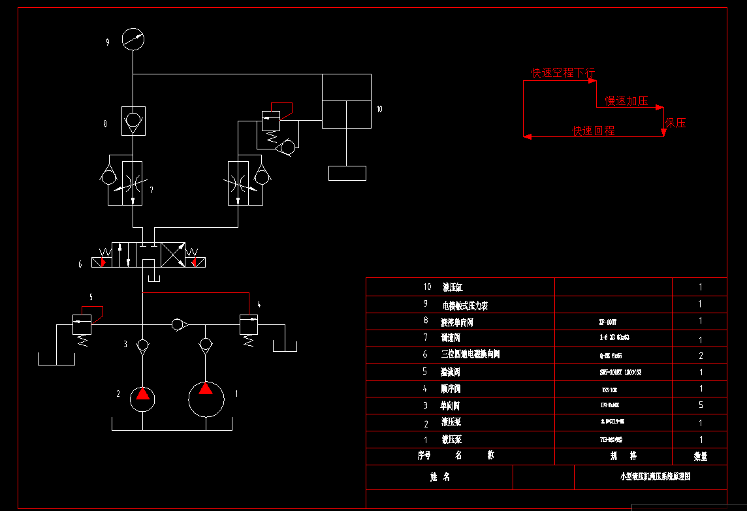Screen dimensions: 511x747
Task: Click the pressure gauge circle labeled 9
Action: pyautogui.click(x=133, y=39)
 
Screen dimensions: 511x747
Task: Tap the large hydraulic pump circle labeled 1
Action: pyautogui.click(x=206, y=397)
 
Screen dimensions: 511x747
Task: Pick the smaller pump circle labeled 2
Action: pyautogui.click(x=142, y=397)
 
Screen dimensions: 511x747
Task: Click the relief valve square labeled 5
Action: pyautogui.click(x=82, y=324)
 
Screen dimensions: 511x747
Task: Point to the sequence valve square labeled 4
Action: pyautogui.click(x=249, y=324)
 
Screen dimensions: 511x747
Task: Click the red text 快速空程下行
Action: pyautogui.click(x=563, y=72)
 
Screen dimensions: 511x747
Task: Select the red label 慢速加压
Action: pyautogui.click(x=627, y=101)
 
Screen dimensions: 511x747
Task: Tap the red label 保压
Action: pyautogui.click(x=676, y=123)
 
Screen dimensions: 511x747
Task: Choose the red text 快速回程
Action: pyautogui.click(x=594, y=131)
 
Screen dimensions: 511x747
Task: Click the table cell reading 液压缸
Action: pyautogui.click(x=453, y=287)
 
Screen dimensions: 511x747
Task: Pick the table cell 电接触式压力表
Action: pyautogui.click(x=465, y=305)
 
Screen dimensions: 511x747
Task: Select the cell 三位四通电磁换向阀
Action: pyautogui.click(x=470, y=354)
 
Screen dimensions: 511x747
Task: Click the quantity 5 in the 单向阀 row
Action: pyautogui.click(x=701, y=405)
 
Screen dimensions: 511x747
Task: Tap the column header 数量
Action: pyautogui.click(x=700, y=456)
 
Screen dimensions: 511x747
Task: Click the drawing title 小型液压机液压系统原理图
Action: pyautogui.click(x=655, y=476)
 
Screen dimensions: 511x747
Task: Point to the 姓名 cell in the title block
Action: pyautogui.click(x=440, y=477)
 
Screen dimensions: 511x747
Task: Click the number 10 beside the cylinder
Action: pyautogui.click(x=379, y=109)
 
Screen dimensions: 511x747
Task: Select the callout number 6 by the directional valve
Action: pyautogui.click(x=80, y=264)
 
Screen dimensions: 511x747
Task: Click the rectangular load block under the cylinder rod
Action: pyautogui.click(x=347, y=173)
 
